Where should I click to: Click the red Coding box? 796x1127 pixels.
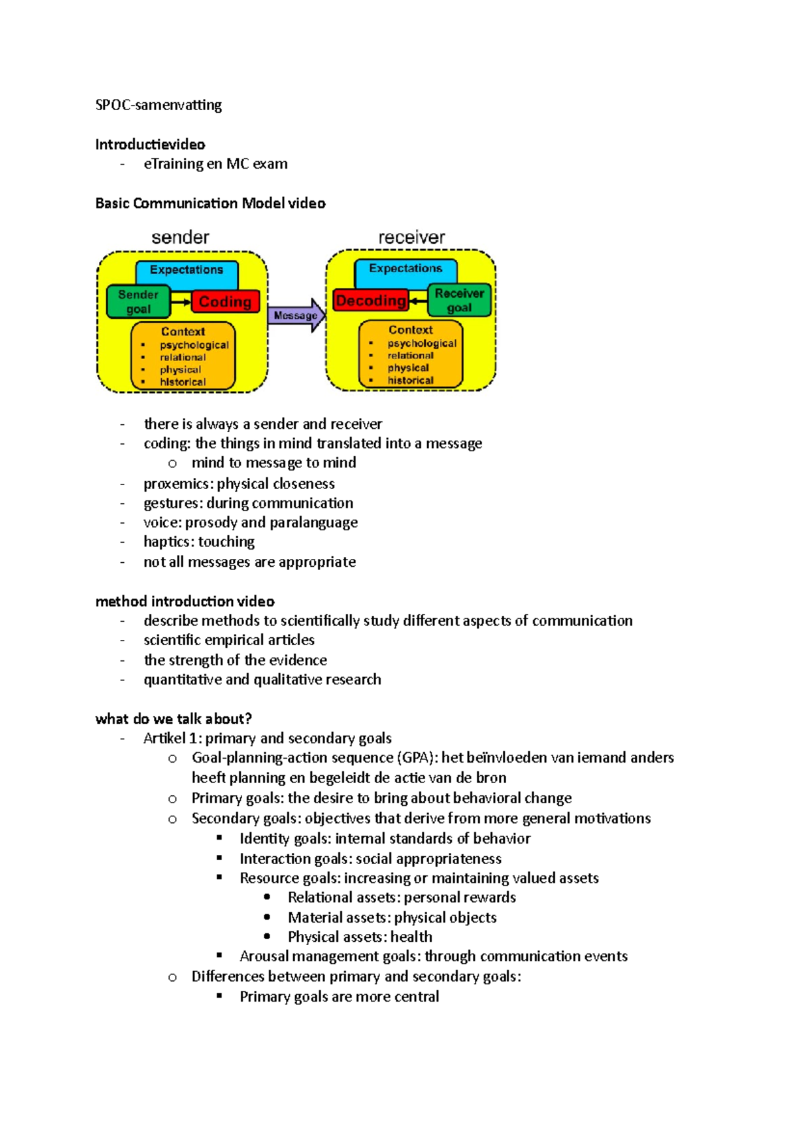(225, 302)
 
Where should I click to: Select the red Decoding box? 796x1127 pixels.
(370, 301)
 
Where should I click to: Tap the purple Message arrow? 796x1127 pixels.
(296, 315)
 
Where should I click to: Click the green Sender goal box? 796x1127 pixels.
(138, 302)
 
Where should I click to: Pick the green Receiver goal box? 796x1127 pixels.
(459, 301)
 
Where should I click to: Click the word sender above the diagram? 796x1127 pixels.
(180, 238)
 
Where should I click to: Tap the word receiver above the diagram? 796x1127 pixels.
(411, 238)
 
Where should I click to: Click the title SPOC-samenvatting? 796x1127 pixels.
(159, 105)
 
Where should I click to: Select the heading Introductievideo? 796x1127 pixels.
(150, 144)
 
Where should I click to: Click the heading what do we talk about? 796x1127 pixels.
(174, 719)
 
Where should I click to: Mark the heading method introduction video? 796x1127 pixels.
(185, 601)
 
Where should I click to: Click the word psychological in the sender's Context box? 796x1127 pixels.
(194, 345)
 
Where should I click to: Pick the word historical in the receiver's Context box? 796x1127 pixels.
(411, 380)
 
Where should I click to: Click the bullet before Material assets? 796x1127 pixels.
(267, 917)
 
